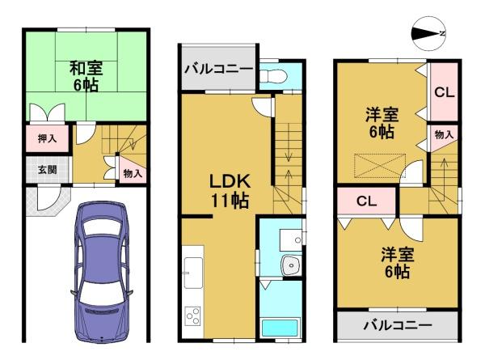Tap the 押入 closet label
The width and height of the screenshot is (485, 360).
(47, 139)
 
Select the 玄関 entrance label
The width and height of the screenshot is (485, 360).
(47, 171)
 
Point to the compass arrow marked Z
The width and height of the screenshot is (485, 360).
(429, 33)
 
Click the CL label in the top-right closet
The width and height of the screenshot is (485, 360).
(443, 92)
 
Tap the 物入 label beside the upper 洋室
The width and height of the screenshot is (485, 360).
(443, 134)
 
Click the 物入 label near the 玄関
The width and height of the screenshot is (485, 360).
(132, 173)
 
